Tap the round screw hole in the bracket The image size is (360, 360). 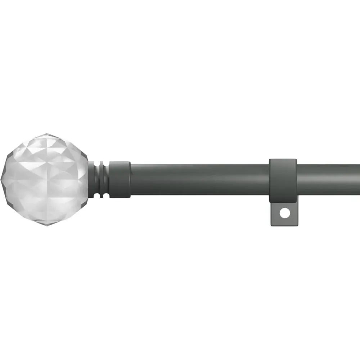[285, 213]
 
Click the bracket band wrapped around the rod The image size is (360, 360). [283, 180]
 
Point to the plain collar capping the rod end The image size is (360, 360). [120, 179]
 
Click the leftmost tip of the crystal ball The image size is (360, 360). [1, 180]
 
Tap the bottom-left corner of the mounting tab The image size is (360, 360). [271, 226]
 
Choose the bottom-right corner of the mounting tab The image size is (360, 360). [298, 226]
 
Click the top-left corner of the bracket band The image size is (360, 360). [270, 159]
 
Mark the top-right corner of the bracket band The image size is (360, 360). [296, 159]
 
